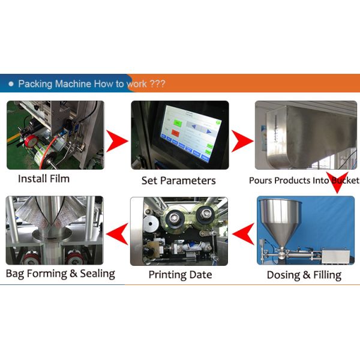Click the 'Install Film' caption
(44, 178)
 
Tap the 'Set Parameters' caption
(179, 180)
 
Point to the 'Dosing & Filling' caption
(304, 275)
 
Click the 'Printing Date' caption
(180, 275)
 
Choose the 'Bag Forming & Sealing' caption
(60, 274)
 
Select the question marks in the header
(157, 84)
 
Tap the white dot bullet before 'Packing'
(13, 83)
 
